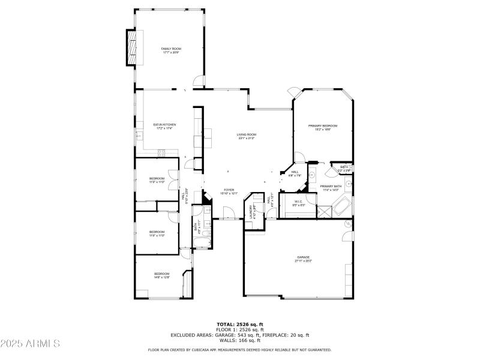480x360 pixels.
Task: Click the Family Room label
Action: coord(171,50)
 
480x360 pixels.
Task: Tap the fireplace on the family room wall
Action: coord(131,47)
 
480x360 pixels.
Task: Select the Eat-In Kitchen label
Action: coord(164,126)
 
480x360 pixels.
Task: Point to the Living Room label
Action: coord(246,136)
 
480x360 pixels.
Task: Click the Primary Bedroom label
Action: coord(323,127)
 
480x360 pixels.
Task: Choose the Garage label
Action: coord(302,259)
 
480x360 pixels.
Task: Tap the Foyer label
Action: coord(229,191)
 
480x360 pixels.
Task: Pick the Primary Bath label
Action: coord(331,188)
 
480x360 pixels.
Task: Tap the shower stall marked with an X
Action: coord(325,212)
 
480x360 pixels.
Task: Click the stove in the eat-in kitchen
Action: coord(161,153)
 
